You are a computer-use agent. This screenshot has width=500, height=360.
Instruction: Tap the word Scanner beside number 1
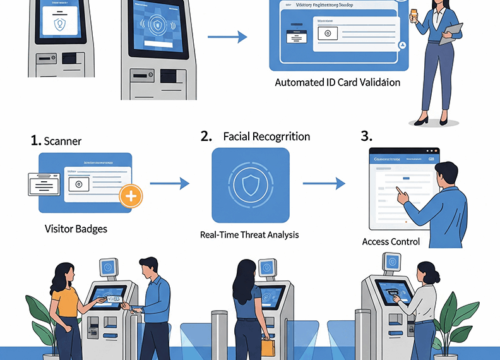[63, 141]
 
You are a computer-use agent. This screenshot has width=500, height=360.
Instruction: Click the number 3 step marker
[367, 136]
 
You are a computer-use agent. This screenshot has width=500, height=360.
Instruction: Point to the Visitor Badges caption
[76, 229]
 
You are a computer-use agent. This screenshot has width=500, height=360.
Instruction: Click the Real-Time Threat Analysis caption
[249, 234]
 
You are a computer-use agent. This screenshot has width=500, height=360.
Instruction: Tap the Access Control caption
[391, 241]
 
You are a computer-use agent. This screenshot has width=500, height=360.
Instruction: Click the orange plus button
[131, 196]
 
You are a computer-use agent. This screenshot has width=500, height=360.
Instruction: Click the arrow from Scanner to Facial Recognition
[176, 184]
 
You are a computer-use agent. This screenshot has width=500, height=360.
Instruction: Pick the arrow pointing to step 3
[323, 184]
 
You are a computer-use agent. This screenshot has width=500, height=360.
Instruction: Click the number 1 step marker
[36, 141]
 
